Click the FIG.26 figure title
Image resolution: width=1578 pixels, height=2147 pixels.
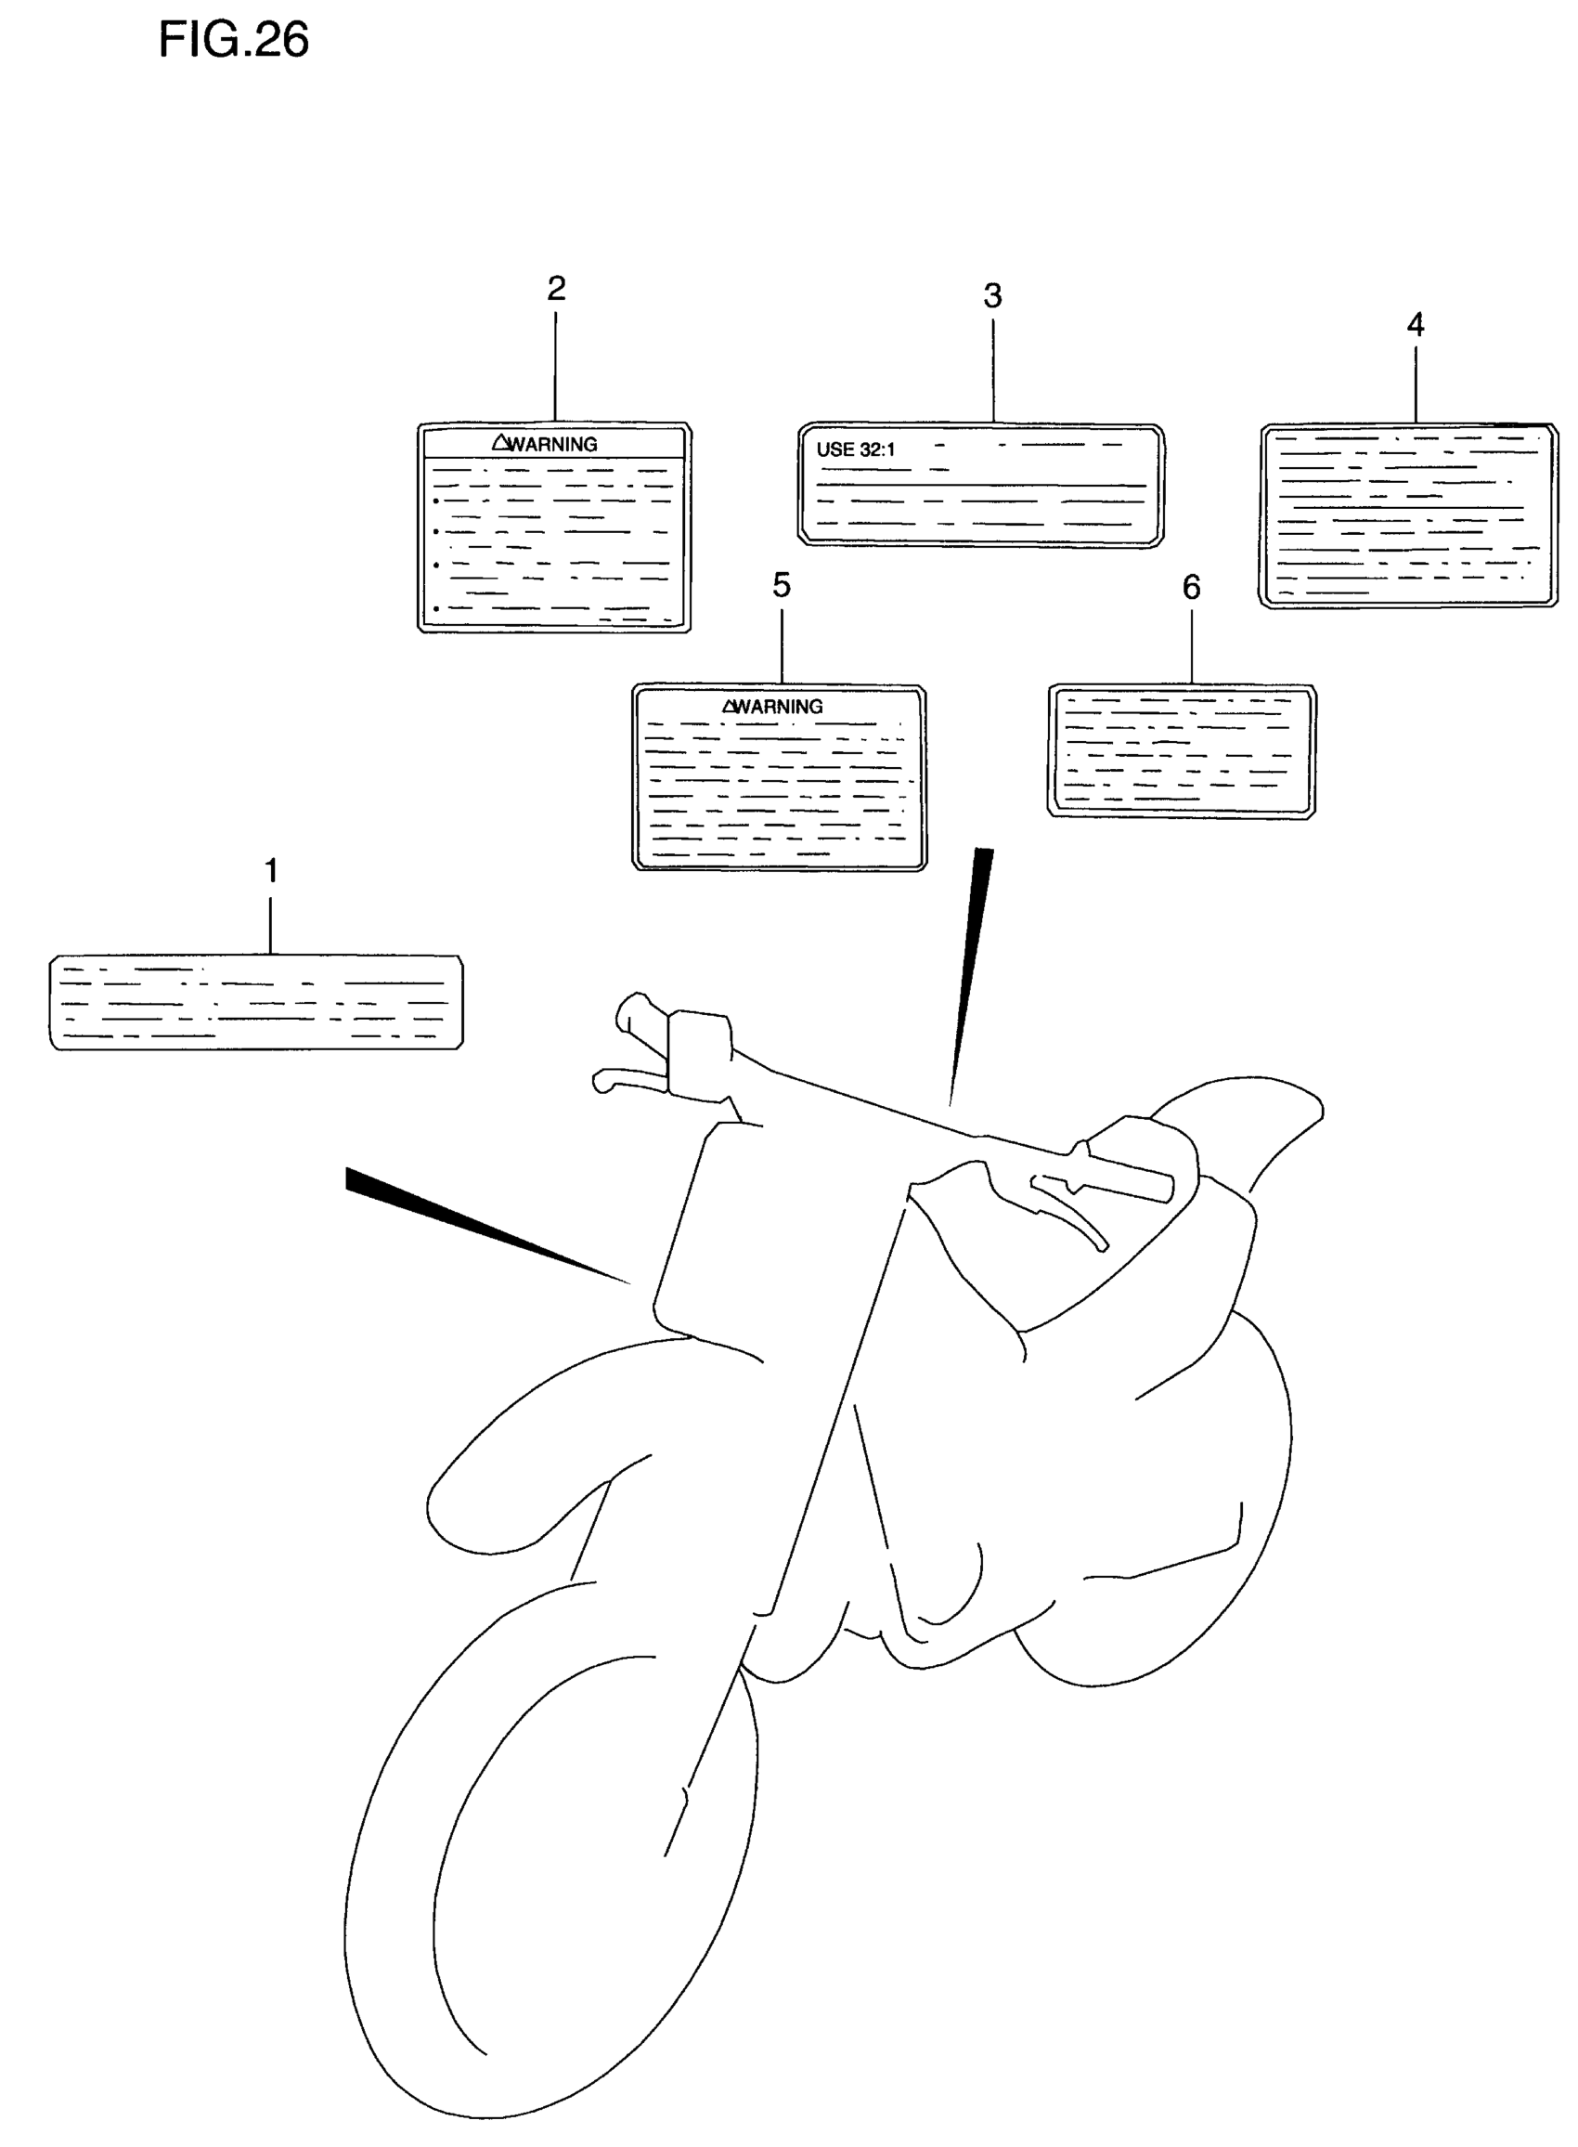233,41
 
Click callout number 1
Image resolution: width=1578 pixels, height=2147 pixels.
271,870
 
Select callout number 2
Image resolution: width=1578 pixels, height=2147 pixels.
556,289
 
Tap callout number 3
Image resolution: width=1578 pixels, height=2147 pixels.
992,296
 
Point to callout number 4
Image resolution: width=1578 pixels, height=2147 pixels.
1416,325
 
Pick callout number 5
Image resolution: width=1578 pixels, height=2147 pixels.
782,585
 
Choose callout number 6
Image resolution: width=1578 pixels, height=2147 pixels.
1191,587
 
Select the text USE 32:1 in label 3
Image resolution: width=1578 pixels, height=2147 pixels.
856,449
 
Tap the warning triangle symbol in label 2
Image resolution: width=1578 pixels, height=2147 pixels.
500,442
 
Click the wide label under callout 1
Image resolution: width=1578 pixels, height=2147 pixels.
256,1002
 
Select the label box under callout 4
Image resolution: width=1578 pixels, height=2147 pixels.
1407,516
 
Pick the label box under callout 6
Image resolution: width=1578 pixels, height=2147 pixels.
1182,751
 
